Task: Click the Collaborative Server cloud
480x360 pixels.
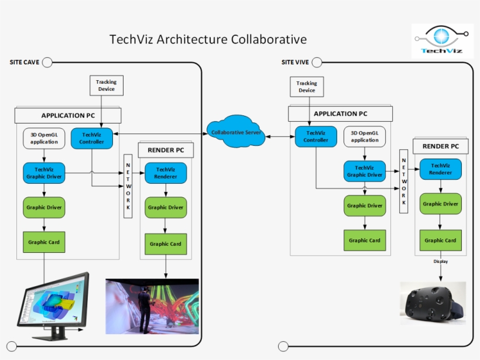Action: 236,132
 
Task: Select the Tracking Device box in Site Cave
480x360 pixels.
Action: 106,85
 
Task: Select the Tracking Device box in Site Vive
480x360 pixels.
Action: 307,87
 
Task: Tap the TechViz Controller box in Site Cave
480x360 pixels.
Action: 91,138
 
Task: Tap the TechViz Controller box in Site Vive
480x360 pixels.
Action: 316,136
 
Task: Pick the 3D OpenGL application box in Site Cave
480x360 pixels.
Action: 44,138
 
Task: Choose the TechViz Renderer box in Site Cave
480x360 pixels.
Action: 166,173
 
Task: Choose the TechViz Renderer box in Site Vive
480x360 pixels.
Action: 440,169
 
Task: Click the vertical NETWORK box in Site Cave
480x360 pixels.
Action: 129,186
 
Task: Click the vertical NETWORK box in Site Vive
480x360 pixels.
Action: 403,181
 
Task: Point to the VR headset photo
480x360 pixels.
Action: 433,303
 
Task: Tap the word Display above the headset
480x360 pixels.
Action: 440,261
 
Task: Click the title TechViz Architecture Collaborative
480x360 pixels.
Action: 208,40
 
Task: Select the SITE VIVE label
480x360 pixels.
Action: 295,62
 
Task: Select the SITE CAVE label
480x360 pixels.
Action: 25,62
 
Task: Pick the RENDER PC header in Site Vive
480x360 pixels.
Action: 440,146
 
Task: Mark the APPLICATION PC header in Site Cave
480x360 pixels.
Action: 68,115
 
